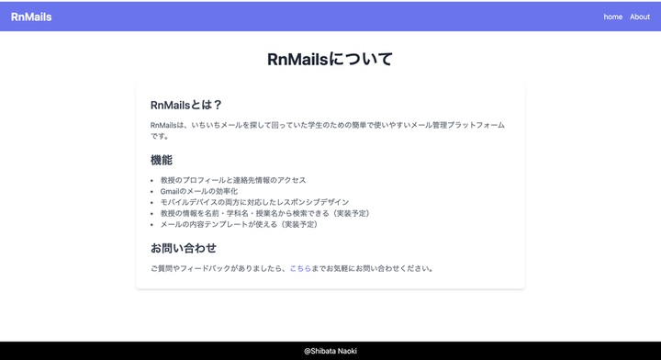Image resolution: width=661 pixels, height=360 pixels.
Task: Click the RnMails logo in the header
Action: click(31, 17)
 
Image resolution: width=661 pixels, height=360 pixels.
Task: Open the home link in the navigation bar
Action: click(613, 17)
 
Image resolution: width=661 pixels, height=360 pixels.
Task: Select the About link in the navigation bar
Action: click(640, 17)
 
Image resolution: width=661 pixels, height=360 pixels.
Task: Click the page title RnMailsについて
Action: click(330, 59)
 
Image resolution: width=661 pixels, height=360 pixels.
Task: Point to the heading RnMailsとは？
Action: click(185, 105)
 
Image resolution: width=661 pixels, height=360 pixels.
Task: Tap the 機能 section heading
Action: click(162, 160)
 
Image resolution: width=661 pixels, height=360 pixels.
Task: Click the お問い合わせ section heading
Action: click(184, 248)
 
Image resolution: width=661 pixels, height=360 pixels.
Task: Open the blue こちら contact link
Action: click(300, 268)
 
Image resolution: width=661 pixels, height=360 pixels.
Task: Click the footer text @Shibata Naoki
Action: click(330, 351)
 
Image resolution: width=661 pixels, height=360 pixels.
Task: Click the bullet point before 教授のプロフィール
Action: click(151, 180)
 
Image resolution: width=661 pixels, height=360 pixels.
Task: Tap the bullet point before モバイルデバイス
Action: click(151, 202)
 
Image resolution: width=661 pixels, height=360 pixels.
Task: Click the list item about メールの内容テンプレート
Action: click(240, 224)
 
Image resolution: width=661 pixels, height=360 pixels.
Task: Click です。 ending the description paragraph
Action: click(160, 136)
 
